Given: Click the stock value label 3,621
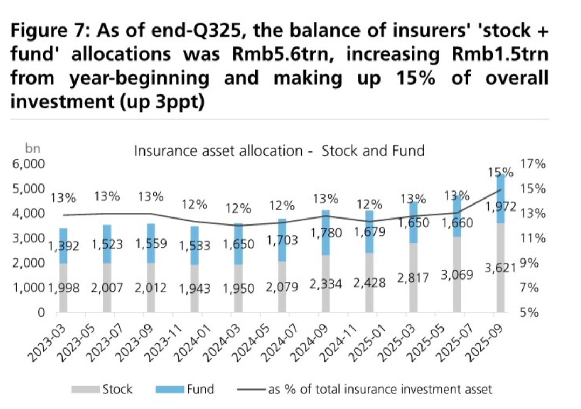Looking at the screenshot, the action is click(x=501, y=267).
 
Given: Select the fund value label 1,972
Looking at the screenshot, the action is click(x=501, y=207).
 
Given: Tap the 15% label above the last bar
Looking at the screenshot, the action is click(x=501, y=172).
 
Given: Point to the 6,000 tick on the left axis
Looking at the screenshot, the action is click(x=29, y=163).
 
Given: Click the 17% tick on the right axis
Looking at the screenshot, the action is click(x=533, y=163).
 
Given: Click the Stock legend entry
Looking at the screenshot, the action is click(x=102, y=389).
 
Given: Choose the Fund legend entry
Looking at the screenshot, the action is click(x=185, y=389).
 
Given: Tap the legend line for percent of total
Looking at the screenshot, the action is click(x=251, y=390).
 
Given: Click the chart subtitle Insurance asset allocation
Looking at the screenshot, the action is click(x=219, y=151).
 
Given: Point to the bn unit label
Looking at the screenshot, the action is click(x=32, y=148).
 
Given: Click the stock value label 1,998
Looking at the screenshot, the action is click(x=64, y=288).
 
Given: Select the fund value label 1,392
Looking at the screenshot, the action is click(x=64, y=246).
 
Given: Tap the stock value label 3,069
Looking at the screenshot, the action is click(x=457, y=275).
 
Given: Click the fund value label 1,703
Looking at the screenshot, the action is click(x=282, y=240).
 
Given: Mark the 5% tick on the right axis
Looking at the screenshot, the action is click(x=529, y=312).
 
